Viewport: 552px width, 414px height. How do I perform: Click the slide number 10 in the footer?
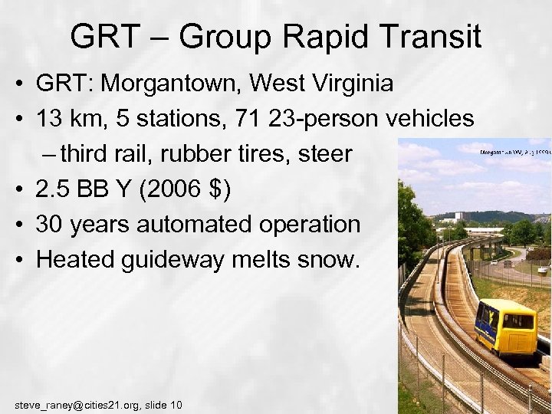176,404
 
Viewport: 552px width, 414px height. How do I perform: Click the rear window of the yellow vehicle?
518,320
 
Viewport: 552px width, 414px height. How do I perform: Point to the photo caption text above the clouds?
514,152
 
